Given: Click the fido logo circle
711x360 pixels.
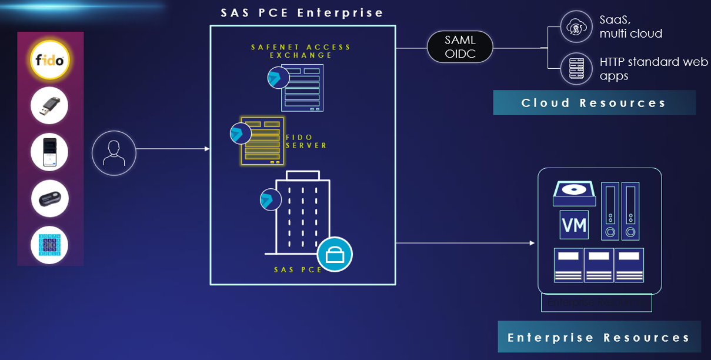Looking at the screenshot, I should click(51, 60).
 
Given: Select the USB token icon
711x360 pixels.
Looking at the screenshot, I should click(50, 106).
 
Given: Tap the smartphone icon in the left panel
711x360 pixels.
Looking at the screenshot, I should click(50, 152).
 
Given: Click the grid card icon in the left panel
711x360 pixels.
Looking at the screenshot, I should click(50, 244).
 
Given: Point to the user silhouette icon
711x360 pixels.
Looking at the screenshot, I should click(114, 153).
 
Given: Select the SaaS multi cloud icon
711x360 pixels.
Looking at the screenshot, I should click(575, 27).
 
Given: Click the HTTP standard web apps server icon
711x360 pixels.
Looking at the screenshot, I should click(575, 68).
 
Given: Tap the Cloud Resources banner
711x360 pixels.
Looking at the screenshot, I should click(594, 103).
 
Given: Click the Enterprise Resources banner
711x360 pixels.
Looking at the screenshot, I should click(599, 337).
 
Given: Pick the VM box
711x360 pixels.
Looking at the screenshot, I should click(574, 225).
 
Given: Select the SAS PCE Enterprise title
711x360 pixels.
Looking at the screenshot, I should click(302, 12).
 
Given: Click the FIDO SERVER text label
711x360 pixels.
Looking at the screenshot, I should click(306, 141).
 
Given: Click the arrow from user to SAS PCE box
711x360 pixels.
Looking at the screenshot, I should click(173, 149).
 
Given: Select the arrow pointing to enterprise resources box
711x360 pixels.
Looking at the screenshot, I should click(465, 242).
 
